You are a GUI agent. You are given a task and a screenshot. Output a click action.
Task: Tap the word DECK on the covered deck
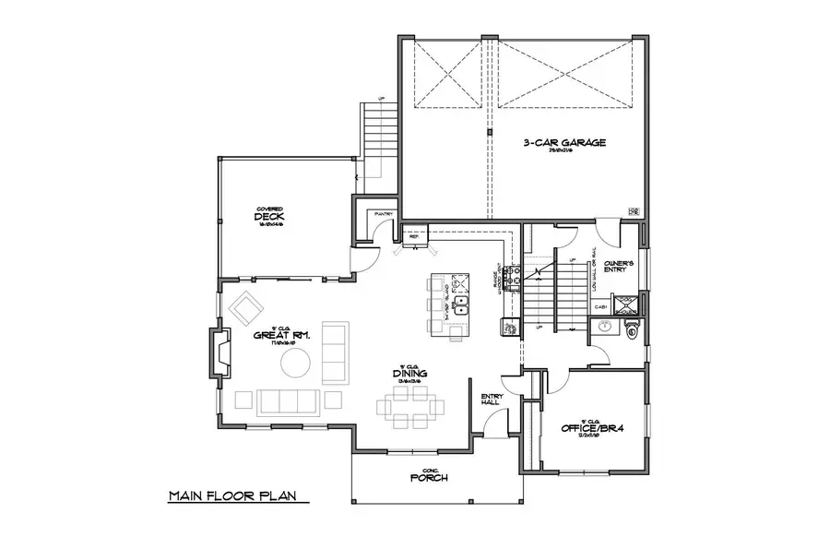[267, 217]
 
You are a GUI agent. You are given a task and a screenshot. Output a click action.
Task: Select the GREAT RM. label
[282, 335]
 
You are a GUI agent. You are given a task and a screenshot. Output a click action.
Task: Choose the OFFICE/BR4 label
[591, 428]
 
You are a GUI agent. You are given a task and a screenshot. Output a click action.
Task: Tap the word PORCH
[429, 478]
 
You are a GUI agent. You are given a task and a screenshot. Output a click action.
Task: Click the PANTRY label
[383, 215]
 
